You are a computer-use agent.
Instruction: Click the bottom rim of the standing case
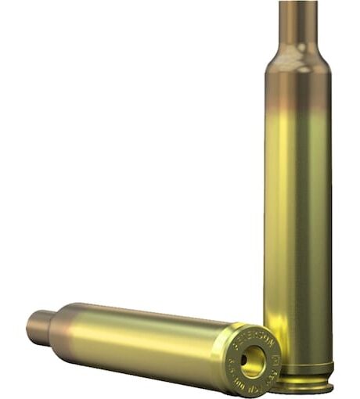[298, 385]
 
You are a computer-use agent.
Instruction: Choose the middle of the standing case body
[298, 219]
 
